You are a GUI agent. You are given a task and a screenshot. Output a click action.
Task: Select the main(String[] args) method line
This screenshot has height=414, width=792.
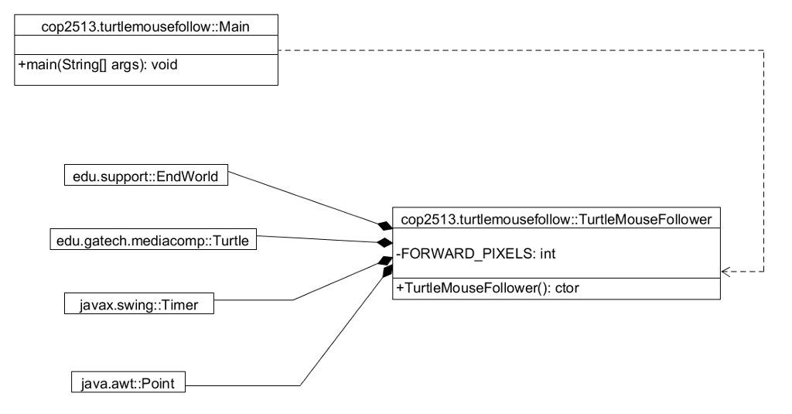[97, 64]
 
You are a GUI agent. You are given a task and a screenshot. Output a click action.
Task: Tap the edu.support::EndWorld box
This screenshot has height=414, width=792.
[146, 177]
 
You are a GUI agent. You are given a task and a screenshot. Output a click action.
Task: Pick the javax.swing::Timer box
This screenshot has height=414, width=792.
[139, 305]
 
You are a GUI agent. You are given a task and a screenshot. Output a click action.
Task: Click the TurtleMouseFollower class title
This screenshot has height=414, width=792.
[555, 220]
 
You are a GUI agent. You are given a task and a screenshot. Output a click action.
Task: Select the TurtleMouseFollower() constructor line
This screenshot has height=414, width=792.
[487, 289]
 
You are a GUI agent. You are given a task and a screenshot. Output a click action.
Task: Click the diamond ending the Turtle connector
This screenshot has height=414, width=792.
[384, 242]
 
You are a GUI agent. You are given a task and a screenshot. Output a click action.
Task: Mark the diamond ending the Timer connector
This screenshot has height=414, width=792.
[384, 261]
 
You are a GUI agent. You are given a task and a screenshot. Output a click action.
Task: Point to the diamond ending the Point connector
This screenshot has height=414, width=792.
[387, 272]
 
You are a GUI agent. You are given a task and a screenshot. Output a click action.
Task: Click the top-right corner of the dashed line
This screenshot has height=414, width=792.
[763, 51]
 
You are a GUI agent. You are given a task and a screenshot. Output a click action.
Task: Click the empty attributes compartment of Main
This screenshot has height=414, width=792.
[145, 47]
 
